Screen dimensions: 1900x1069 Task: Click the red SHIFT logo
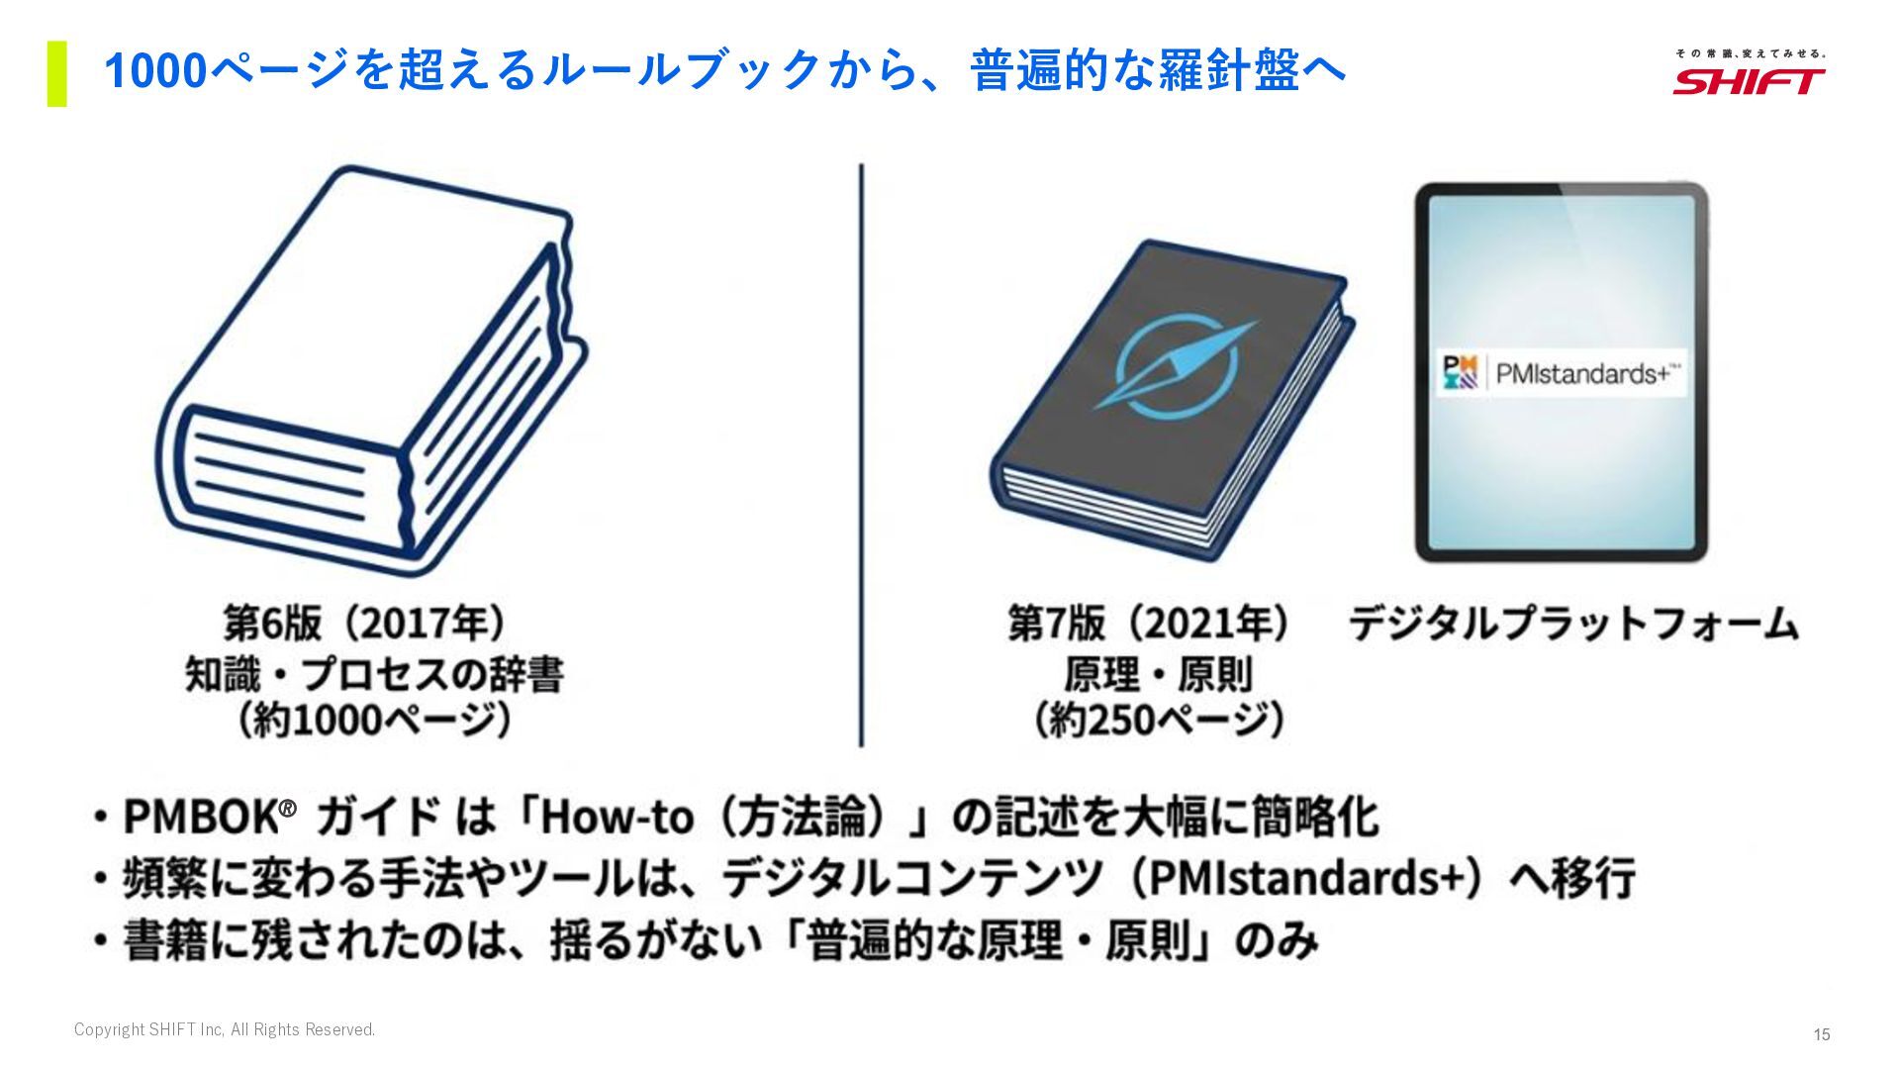tap(1749, 80)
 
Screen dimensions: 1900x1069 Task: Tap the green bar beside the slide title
tap(57, 73)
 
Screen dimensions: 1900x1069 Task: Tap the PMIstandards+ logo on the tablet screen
tap(1561, 373)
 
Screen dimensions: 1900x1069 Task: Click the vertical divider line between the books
tap(861, 455)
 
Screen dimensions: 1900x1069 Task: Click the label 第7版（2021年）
tap(1150, 624)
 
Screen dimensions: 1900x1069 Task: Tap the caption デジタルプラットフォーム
tap(1573, 624)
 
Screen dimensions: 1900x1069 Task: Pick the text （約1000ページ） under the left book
tap(374, 720)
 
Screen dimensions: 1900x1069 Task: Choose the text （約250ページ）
tap(1158, 720)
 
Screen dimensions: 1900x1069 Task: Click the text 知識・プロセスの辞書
tap(374, 674)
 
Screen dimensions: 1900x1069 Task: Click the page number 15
tap(1821, 1034)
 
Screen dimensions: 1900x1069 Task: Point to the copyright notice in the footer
tap(225, 1029)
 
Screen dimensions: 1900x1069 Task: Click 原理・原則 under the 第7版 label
tap(1158, 674)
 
